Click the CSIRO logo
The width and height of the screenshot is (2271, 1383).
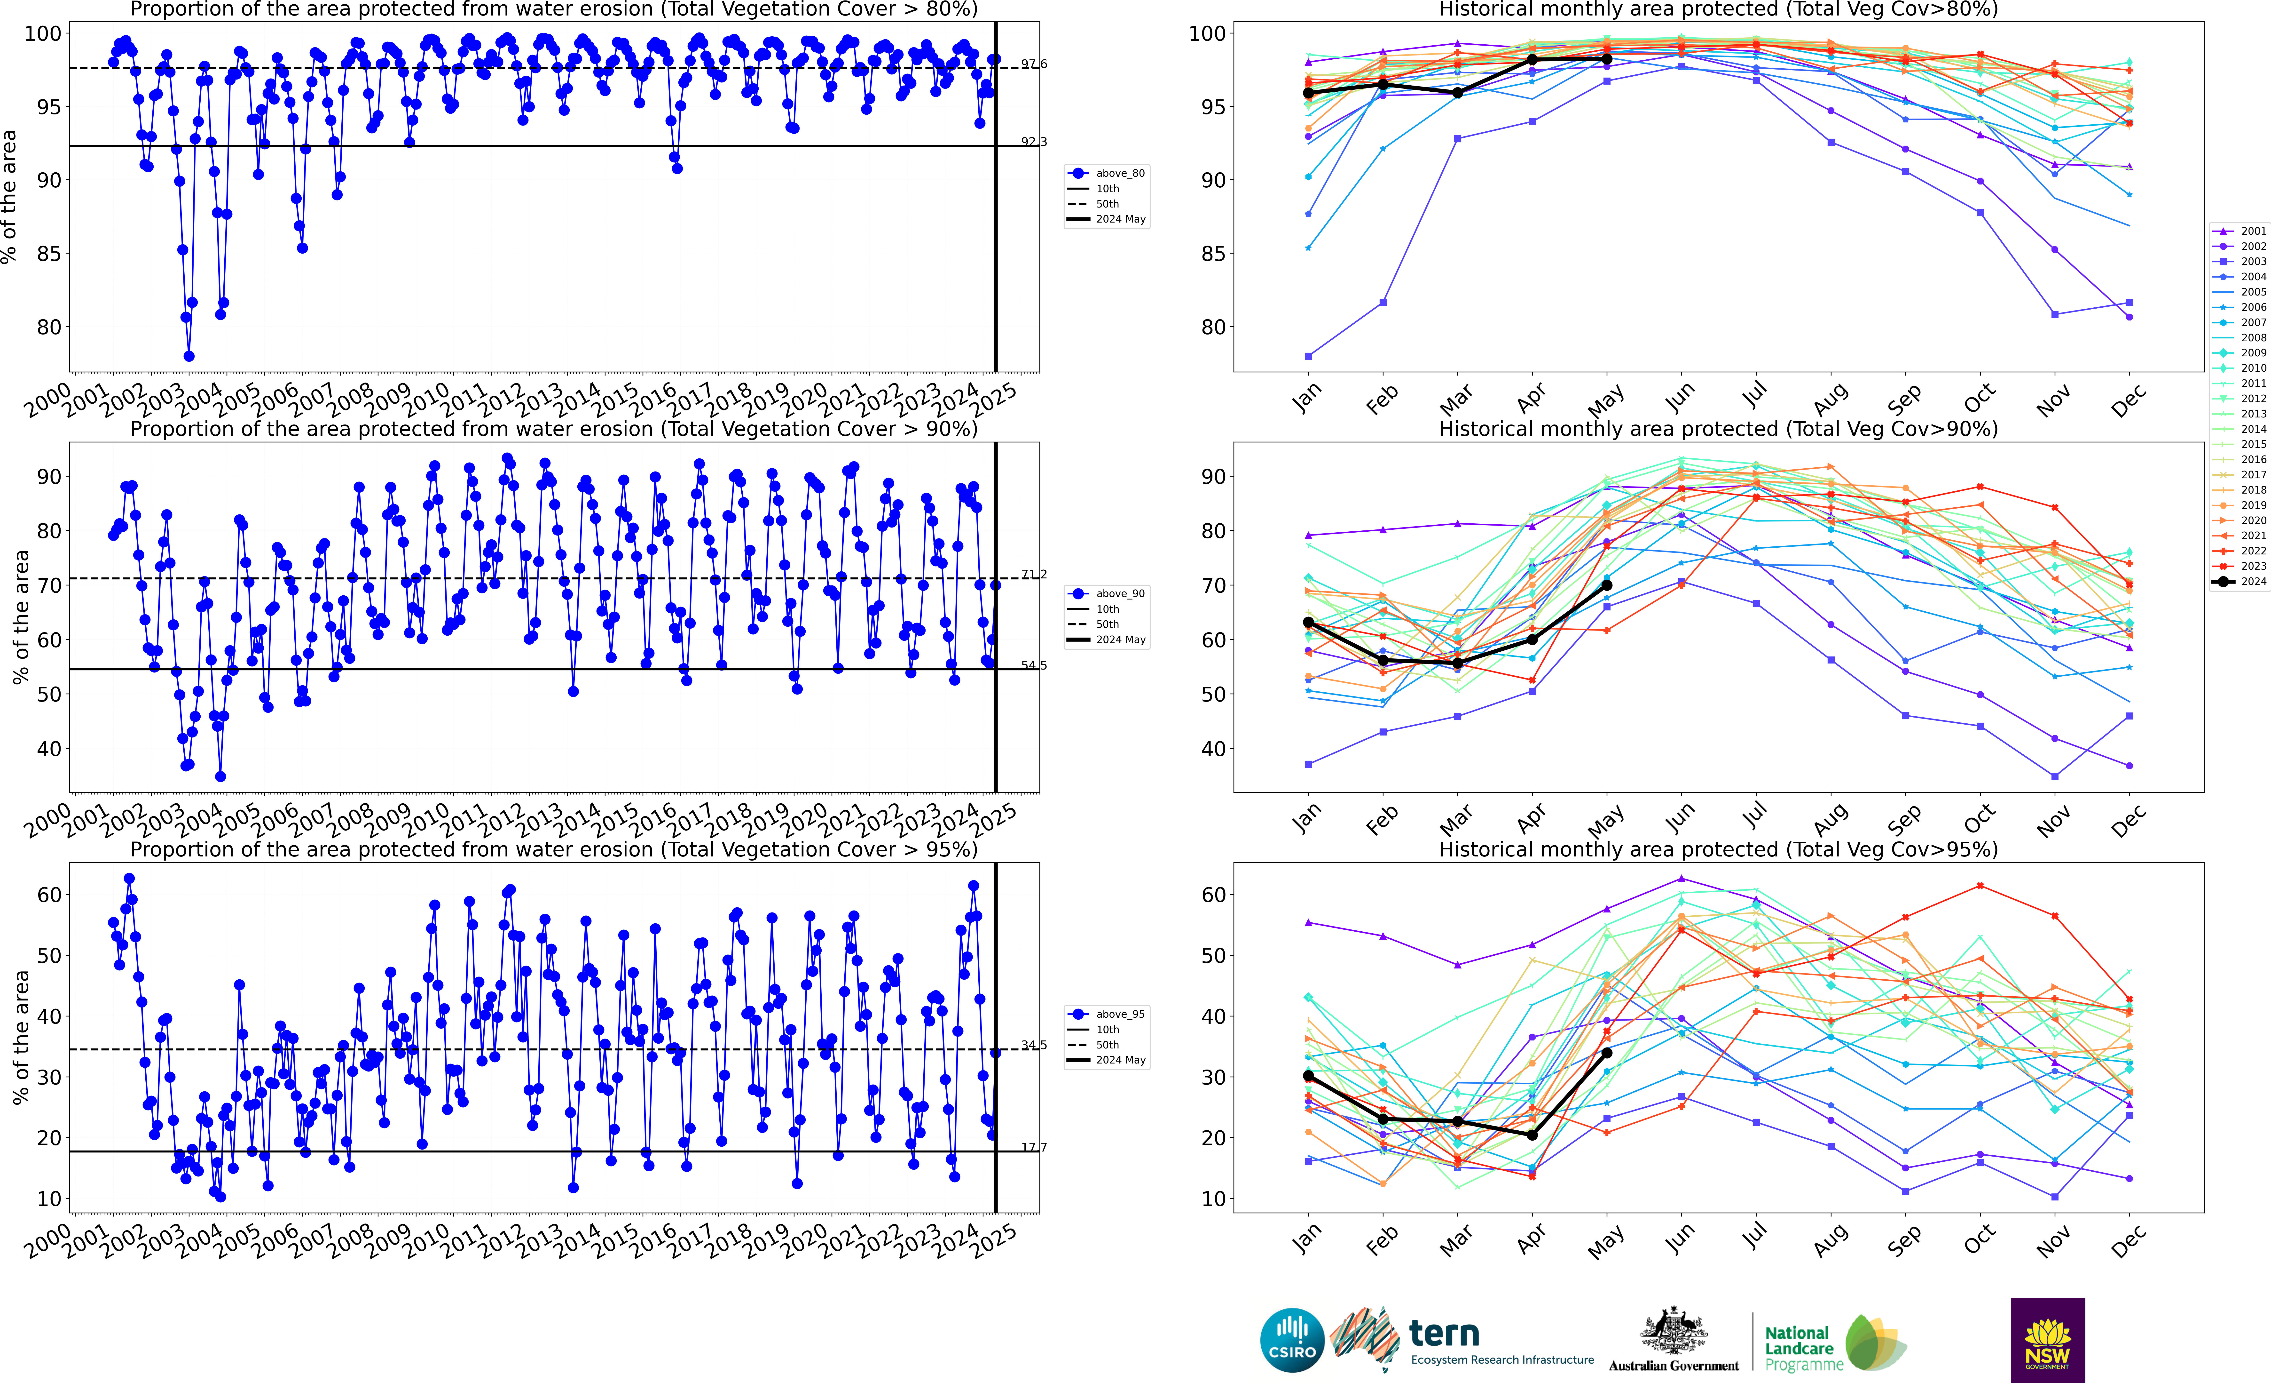coord(1291,1340)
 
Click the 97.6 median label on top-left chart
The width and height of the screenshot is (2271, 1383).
coord(1033,64)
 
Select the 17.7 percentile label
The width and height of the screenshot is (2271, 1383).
coord(1033,1148)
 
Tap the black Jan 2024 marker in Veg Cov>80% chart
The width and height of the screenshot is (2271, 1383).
coord(1308,93)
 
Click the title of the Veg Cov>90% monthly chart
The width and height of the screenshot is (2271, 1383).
coord(1718,429)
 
